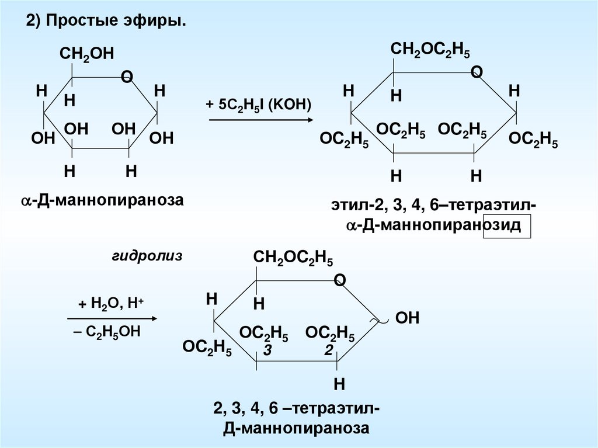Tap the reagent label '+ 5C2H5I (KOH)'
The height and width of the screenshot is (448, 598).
(259, 104)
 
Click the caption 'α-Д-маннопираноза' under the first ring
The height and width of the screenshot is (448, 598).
(102, 200)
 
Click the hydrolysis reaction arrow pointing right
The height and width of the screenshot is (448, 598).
(112, 319)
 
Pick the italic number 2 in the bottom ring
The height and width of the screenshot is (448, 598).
(329, 350)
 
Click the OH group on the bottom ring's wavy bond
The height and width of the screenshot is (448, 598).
(408, 318)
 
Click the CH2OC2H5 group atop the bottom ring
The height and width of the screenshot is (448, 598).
(293, 259)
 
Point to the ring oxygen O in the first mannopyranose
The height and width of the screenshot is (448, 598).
(126, 77)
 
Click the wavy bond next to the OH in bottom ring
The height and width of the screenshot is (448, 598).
(380, 320)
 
